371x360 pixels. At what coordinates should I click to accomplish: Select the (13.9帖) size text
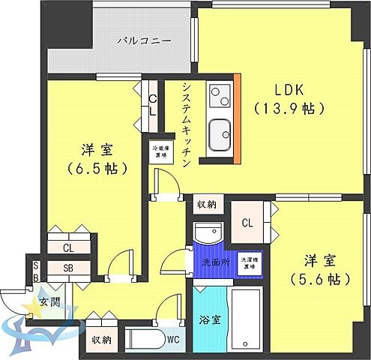[290, 108]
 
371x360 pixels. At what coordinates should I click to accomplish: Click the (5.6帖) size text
[318, 280]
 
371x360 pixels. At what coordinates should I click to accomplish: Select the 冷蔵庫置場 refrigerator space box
[159, 151]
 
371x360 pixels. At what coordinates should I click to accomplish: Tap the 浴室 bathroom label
[209, 319]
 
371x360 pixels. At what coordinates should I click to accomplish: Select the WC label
[174, 340]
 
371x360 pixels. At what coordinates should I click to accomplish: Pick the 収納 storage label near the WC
[102, 340]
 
